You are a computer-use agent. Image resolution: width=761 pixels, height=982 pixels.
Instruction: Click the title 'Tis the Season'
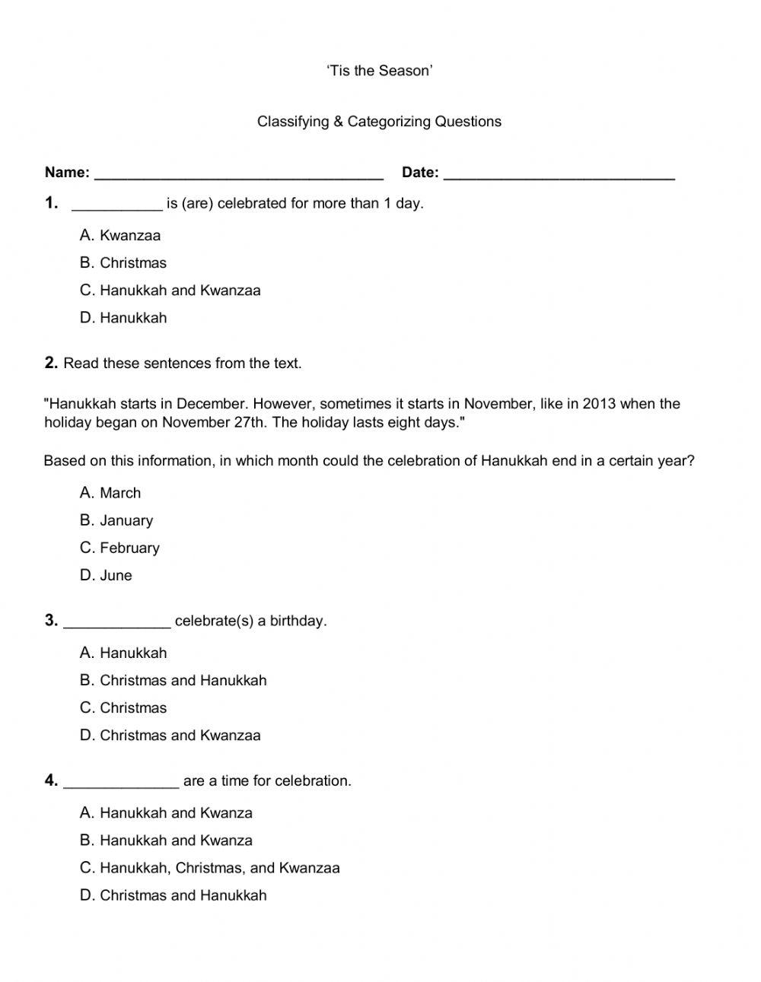point(380,71)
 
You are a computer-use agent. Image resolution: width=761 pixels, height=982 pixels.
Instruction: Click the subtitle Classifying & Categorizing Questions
point(379,122)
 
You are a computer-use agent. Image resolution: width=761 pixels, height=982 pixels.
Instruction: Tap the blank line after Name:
point(238,175)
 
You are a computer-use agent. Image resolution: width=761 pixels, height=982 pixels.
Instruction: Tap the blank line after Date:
point(559,175)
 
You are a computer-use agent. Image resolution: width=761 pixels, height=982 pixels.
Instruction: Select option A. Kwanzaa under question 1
point(120,236)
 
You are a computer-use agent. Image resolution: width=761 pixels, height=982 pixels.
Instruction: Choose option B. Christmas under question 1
point(123,263)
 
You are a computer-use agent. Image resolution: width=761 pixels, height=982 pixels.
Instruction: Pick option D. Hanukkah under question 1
point(123,318)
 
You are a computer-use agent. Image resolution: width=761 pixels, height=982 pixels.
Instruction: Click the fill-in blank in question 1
point(116,205)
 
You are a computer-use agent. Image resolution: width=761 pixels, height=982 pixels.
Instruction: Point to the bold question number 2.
point(51,363)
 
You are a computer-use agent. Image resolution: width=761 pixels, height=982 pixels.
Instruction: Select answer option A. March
point(110,493)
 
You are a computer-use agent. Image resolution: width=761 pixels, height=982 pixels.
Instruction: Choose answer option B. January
point(116,521)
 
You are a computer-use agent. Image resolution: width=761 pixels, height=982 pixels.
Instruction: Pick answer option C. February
point(119,548)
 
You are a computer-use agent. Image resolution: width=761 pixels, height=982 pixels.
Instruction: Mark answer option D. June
point(106,576)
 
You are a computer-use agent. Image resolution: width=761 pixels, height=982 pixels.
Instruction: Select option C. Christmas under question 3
point(123,708)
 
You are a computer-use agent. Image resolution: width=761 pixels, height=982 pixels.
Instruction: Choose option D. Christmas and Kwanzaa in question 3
point(170,736)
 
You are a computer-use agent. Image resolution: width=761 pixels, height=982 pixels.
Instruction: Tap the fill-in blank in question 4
point(122,783)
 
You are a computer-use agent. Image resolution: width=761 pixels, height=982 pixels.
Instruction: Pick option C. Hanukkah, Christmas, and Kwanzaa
point(210,868)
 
